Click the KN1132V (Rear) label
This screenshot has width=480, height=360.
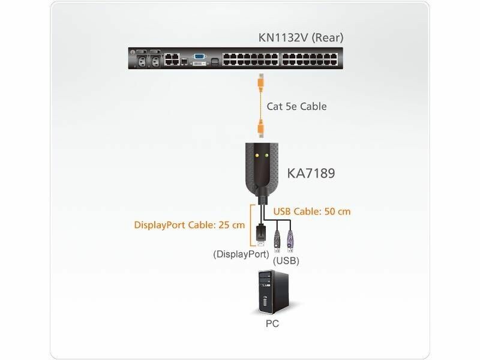coord(301,37)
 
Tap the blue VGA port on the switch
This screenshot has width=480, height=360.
coord(199,56)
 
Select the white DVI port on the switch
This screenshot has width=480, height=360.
coord(199,63)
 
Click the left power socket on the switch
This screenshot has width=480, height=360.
coord(142,61)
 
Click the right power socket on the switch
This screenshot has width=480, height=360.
coord(155,61)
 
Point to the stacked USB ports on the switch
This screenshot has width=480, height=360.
coord(215,61)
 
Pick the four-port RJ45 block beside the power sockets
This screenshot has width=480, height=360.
coord(172,59)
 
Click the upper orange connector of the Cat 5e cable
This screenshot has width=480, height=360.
coord(260,82)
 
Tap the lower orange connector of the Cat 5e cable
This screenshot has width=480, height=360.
coord(260,128)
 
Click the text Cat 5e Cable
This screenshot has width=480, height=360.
coord(296,106)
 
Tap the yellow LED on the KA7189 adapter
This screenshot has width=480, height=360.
coord(257,155)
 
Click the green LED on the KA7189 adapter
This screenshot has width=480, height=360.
coord(266,155)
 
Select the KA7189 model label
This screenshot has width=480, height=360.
coord(311,173)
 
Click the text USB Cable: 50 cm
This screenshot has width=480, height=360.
coord(312,212)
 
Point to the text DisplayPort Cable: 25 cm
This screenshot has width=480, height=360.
coord(190,225)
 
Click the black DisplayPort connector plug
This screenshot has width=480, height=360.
coord(260,235)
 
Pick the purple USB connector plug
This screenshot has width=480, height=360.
coord(290,241)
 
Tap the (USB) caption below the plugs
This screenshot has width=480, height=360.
coord(286,260)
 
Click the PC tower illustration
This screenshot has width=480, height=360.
coord(274,292)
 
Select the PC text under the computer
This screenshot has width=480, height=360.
coord(272,323)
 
